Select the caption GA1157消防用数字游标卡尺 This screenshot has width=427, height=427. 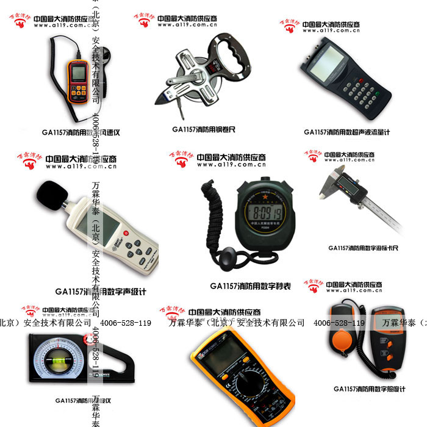(x=363, y=248)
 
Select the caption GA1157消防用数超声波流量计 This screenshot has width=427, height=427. (x=346, y=132)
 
